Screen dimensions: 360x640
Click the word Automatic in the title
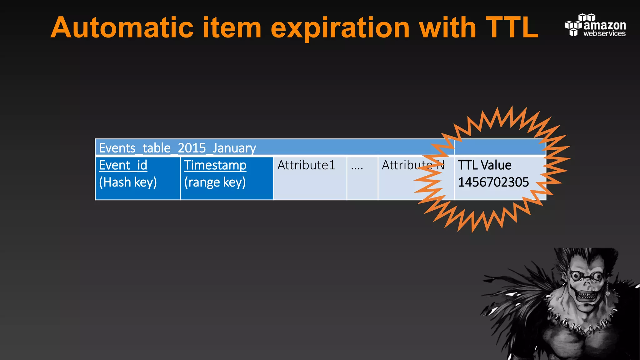click(x=122, y=28)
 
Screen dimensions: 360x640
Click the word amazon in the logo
click(x=604, y=25)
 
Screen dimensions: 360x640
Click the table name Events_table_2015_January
click(x=177, y=148)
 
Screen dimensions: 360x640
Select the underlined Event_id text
click(x=123, y=165)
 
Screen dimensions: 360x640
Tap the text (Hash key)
click(x=127, y=182)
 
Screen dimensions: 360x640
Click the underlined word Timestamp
click(x=215, y=165)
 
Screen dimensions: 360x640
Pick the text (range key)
click(x=215, y=182)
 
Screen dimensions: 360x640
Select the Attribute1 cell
click(x=306, y=165)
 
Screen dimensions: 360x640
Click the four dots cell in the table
click(x=357, y=167)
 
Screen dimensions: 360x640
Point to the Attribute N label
click(x=412, y=165)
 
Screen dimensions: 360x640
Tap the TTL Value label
click(x=484, y=165)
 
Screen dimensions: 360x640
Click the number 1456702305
click(x=493, y=182)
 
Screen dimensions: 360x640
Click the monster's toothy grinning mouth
click(x=587, y=296)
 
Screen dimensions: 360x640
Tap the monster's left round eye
click(x=576, y=276)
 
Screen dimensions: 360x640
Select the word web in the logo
click(x=590, y=34)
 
